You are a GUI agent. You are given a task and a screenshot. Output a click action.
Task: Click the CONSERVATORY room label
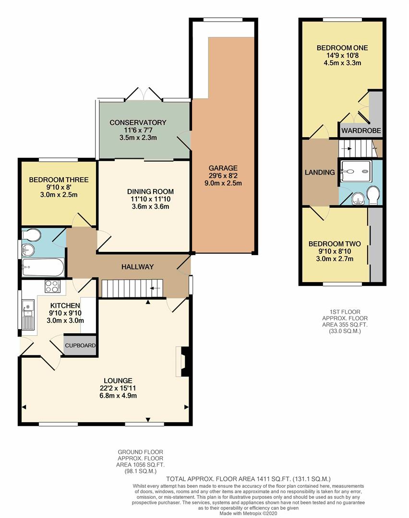point(138,123)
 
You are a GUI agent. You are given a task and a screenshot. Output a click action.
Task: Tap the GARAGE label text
point(223,168)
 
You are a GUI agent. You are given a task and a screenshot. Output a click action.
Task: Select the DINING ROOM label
point(150,191)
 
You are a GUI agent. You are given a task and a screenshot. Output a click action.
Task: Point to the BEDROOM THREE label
point(59,180)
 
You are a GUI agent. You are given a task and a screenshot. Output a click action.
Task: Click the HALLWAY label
point(138,267)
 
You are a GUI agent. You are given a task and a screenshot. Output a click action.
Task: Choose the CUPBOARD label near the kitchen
point(80,345)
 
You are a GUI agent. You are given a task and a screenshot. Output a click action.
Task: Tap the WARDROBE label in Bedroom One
point(361,131)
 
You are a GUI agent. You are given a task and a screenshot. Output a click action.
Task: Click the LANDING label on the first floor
point(320,173)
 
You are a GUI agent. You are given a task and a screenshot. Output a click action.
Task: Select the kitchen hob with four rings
point(53,286)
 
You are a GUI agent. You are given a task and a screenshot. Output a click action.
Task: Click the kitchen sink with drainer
point(28,315)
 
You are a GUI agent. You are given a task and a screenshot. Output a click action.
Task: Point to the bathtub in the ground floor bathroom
point(43,267)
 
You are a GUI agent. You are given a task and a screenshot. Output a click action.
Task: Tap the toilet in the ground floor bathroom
point(31,235)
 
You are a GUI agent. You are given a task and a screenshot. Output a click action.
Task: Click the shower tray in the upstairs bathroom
point(355,171)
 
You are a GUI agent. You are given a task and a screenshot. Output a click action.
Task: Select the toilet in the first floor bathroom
point(374,196)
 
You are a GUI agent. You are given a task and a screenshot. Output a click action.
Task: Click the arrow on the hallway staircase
point(155,288)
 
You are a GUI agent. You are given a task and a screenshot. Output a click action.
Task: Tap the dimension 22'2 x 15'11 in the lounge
point(118,388)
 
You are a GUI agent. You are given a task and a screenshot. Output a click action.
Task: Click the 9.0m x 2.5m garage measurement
point(223,183)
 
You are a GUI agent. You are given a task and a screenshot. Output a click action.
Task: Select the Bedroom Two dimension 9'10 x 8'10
point(335,251)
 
